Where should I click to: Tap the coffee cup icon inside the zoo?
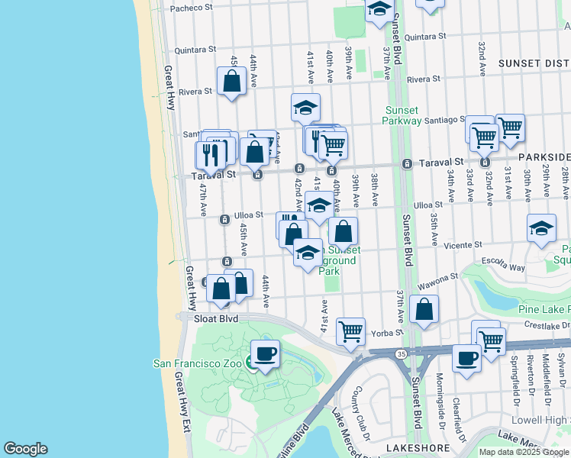265,354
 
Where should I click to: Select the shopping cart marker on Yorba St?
350,332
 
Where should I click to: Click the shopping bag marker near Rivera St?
231,81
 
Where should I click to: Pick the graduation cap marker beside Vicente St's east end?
541,228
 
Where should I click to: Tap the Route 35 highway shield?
401,353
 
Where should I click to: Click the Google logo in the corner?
25,449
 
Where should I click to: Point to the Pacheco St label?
191,8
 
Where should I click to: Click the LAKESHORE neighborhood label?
412,447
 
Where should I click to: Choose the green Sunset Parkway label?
403,114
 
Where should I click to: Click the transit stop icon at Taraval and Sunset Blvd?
408,164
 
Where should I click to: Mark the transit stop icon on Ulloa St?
224,220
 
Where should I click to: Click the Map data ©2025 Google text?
524,452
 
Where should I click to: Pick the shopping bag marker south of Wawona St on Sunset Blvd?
424,309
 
